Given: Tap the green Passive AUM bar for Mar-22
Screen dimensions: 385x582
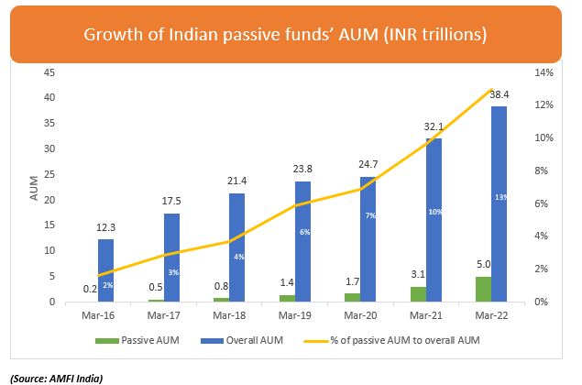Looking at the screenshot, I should [x=483, y=289].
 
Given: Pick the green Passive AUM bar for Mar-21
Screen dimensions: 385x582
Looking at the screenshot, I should [x=418, y=293].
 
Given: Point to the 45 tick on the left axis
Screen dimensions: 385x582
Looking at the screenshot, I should [x=50, y=71].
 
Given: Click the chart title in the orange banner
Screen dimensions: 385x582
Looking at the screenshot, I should [x=284, y=35].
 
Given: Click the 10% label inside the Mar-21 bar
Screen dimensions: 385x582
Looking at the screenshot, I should [x=434, y=212].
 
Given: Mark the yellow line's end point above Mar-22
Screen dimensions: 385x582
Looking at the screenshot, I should [x=492, y=90].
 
